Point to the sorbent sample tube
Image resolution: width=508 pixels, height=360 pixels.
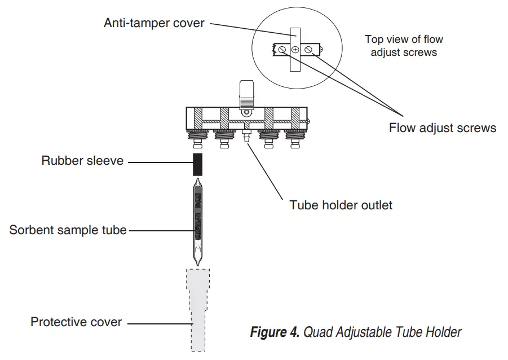pyautogui.click(x=197, y=223)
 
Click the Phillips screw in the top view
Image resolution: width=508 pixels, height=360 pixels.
pyautogui.click(x=295, y=50)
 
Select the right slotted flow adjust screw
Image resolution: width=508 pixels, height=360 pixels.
pyautogui.click(x=308, y=50)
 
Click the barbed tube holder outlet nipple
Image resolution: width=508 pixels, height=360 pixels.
pyautogui.click(x=246, y=137)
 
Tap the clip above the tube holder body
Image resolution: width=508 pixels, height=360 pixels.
pyautogui.click(x=246, y=93)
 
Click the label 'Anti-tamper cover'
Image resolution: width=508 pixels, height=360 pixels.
pyautogui.click(x=154, y=23)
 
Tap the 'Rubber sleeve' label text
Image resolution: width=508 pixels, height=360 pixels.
pyautogui.click(x=82, y=161)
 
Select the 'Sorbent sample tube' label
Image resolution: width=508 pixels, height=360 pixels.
pyautogui.click(x=68, y=230)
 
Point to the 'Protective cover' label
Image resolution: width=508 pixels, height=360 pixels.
pyautogui.click(x=76, y=322)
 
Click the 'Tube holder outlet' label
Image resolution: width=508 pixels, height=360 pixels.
pyautogui.click(x=341, y=204)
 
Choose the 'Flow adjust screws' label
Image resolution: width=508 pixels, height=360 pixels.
pyautogui.click(x=442, y=128)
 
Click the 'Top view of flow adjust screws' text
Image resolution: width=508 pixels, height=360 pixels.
pyautogui.click(x=403, y=46)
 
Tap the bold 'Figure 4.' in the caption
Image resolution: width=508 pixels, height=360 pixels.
pyautogui.click(x=275, y=332)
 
